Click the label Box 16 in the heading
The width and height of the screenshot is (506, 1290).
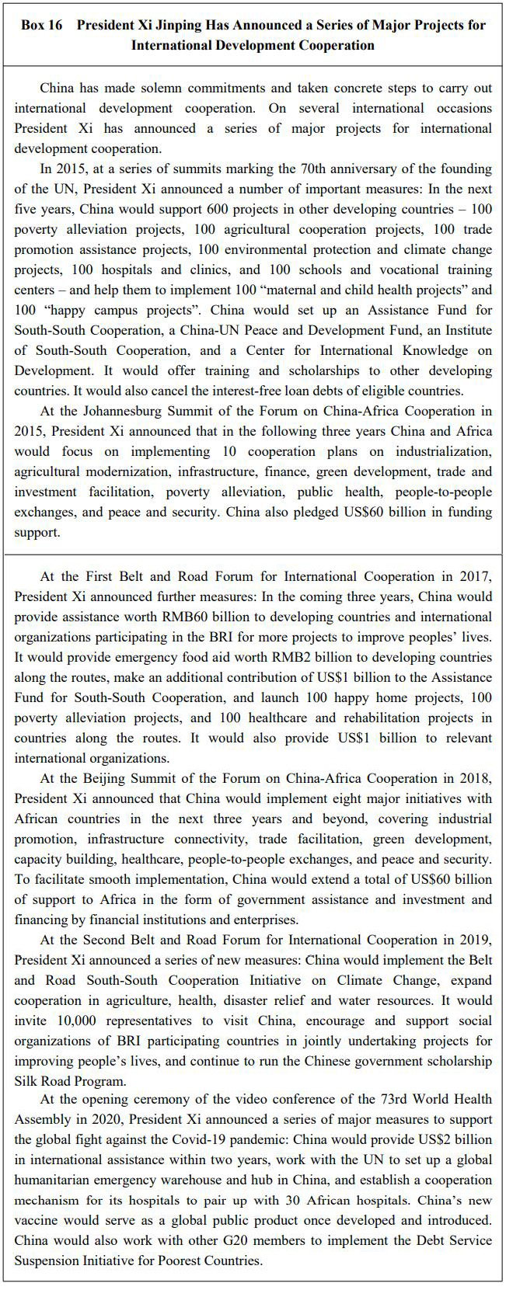point(42,25)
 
